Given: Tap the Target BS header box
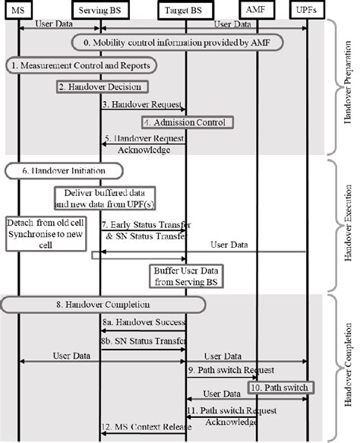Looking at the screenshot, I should tap(186, 8).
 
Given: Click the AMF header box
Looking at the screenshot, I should tap(258, 8).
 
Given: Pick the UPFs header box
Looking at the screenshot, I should tap(308, 8).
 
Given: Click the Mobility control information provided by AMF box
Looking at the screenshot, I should tap(178, 43).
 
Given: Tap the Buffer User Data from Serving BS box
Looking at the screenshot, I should tap(186, 276).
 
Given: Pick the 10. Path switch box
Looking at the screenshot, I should tap(280, 388).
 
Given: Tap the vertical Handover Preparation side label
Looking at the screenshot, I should tap(348, 86).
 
